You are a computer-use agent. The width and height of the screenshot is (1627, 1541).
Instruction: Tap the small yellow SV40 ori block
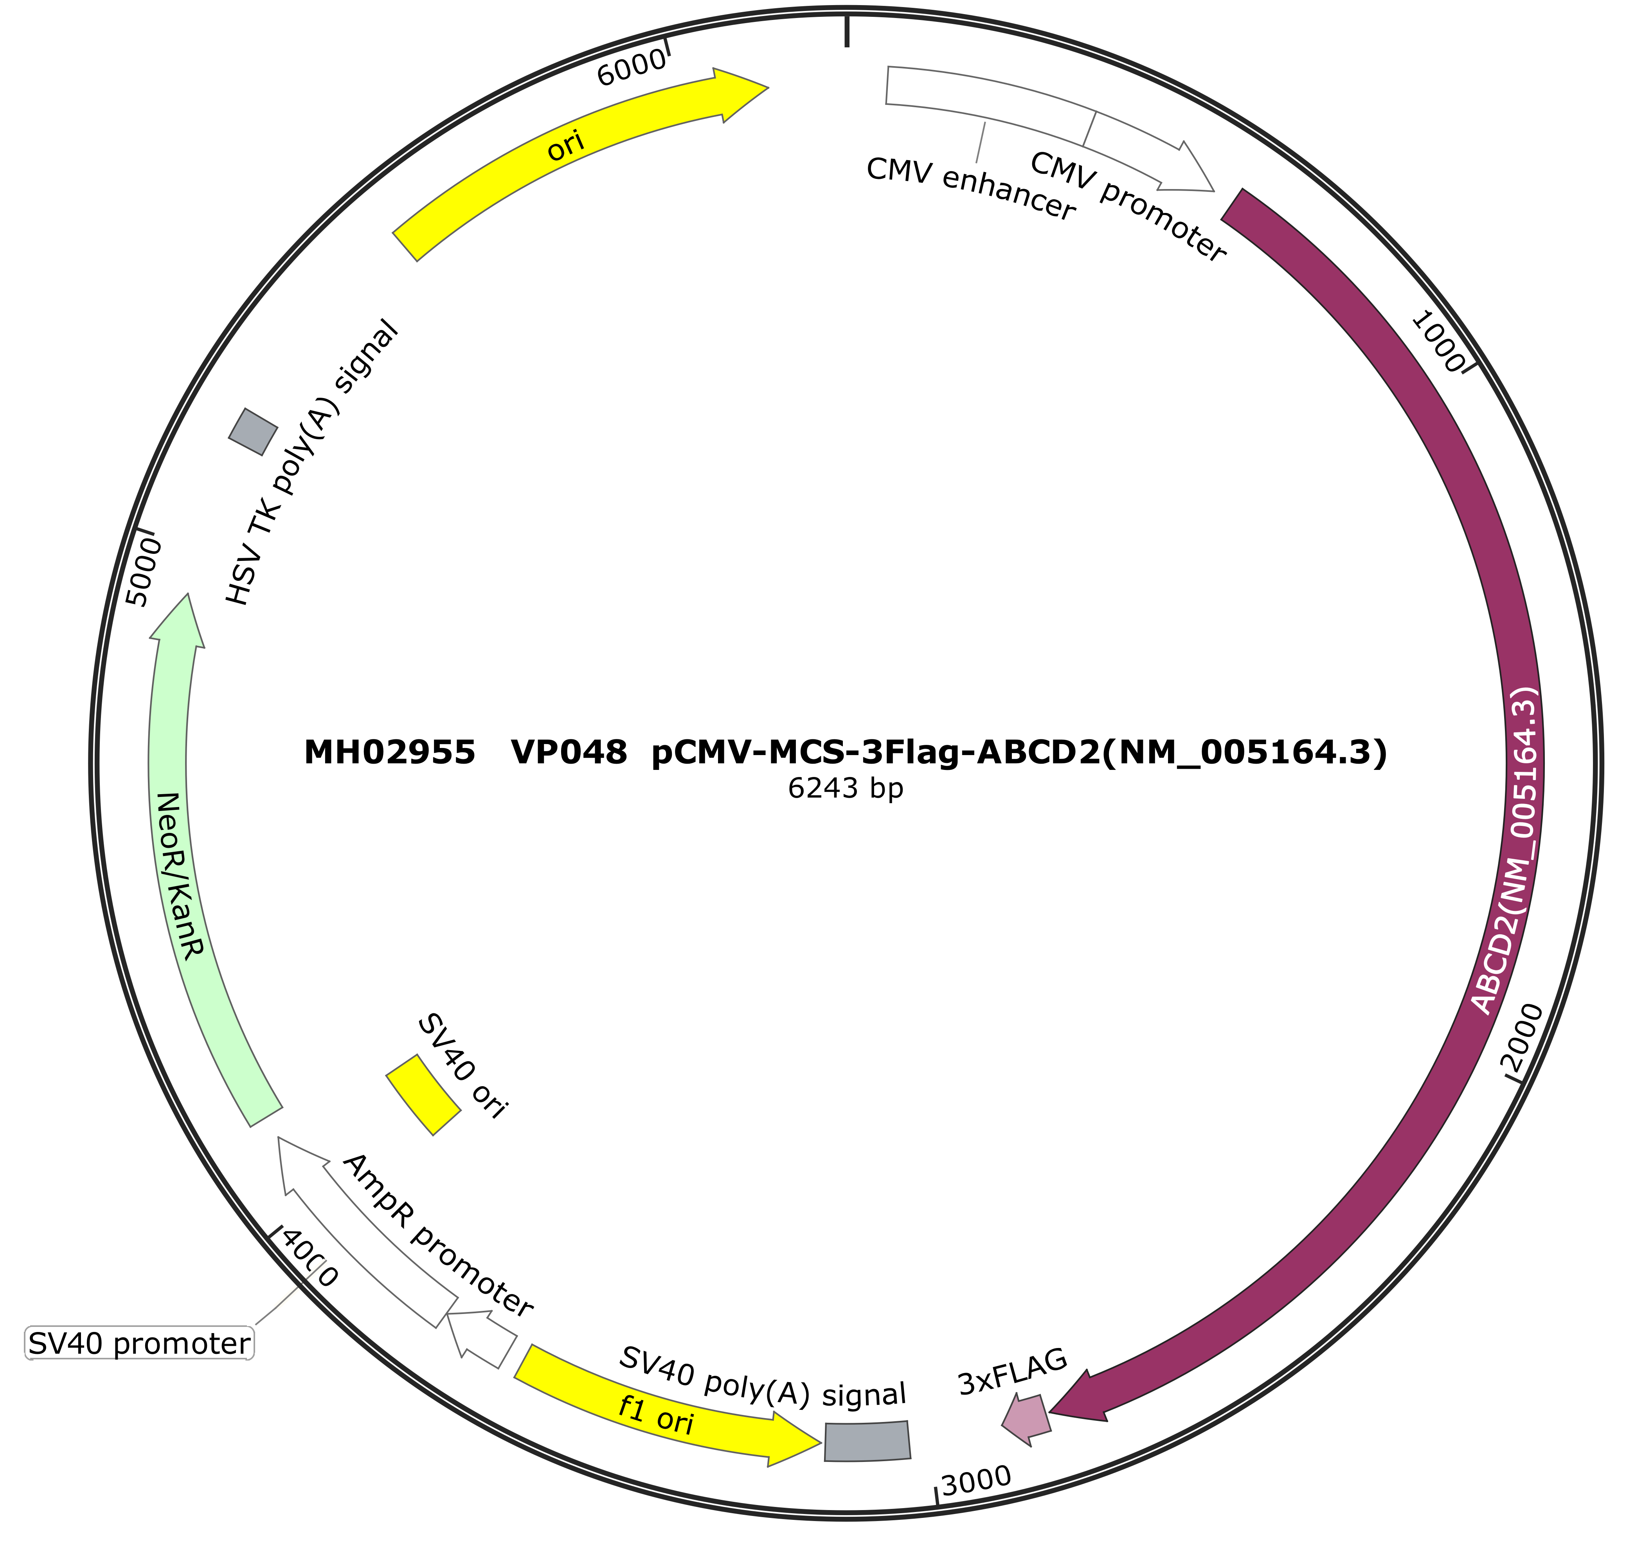[x=423, y=1095]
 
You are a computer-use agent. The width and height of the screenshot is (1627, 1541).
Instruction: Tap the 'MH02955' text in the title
[x=390, y=752]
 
